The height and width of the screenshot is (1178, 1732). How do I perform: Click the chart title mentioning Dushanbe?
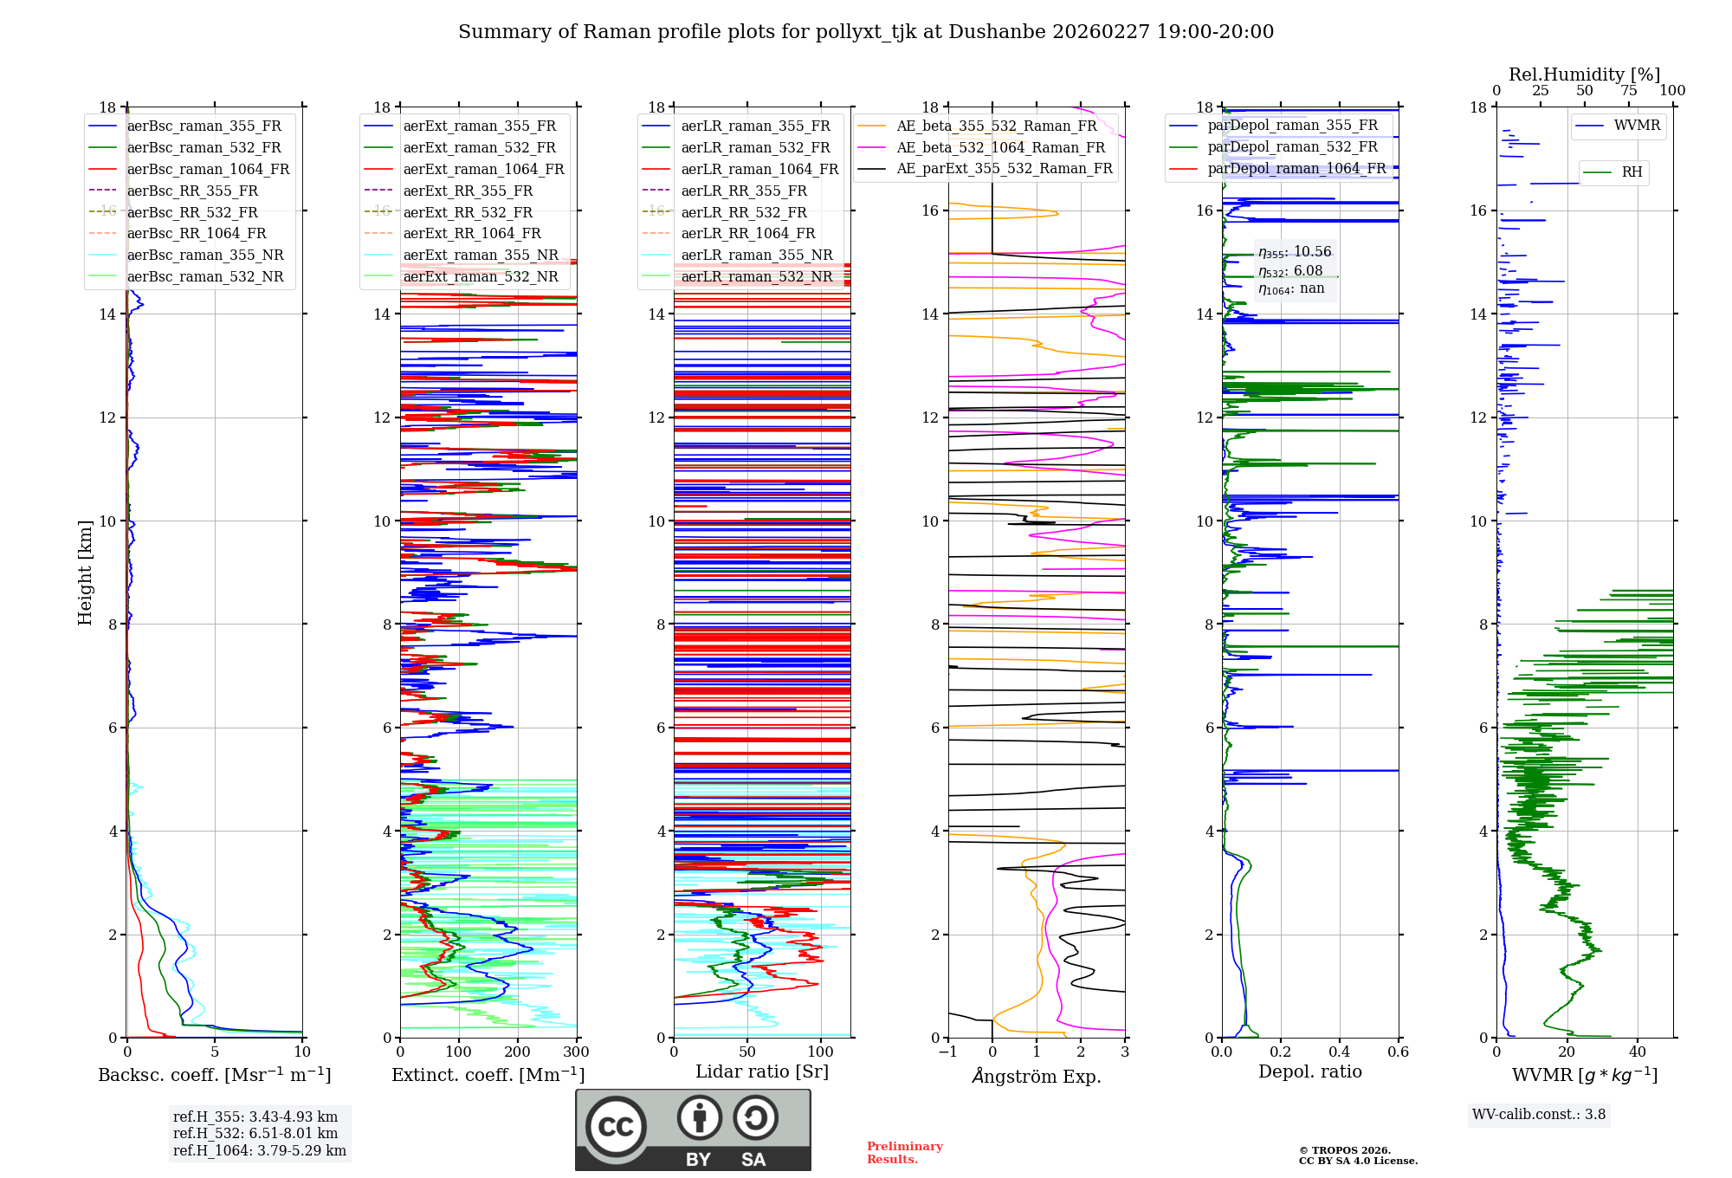pyautogui.click(x=866, y=32)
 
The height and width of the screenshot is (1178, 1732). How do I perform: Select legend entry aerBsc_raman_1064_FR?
pyautogui.click(x=208, y=169)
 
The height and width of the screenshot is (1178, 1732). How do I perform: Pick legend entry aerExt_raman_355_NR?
pyautogui.click(x=480, y=255)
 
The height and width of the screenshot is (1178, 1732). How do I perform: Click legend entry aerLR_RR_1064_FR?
pyautogui.click(x=743, y=233)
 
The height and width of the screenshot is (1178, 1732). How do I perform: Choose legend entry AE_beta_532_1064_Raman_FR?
pyautogui.click(x=1000, y=147)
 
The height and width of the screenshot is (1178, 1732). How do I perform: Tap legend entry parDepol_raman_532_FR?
pyautogui.click(x=1292, y=146)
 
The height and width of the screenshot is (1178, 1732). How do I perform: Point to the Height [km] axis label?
pyautogui.click(x=85, y=573)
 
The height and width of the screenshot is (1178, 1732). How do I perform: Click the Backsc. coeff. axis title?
pyautogui.click(x=214, y=1075)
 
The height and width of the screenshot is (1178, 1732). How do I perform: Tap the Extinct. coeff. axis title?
pyautogui.click(x=488, y=1075)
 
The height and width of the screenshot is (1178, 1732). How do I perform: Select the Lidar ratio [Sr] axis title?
pyautogui.click(x=761, y=1071)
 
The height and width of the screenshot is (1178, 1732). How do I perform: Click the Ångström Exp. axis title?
pyautogui.click(x=1037, y=1077)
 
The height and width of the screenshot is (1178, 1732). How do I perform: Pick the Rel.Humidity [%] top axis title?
pyautogui.click(x=1584, y=74)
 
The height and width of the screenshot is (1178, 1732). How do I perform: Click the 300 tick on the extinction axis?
pyautogui.click(x=576, y=1052)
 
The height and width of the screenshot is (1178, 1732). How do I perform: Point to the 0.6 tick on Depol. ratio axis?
pyautogui.click(x=1398, y=1052)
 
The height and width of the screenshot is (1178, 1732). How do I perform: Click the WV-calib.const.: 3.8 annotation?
pyautogui.click(x=1538, y=1115)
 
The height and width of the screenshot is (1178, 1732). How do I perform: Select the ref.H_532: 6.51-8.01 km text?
pyautogui.click(x=255, y=1133)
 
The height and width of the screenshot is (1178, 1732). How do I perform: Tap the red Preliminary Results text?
pyautogui.click(x=904, y=1153)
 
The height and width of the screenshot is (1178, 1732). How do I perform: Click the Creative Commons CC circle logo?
pyautogui.click(x=616, y=1126)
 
